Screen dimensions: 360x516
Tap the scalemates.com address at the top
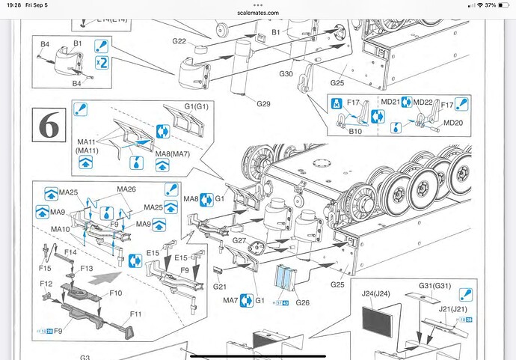coord(258,13)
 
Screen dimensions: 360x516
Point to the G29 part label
coord(263,103)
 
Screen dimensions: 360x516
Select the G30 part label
coord(286,73)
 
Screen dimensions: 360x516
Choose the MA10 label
coord(61,228)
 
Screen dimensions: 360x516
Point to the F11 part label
coord(135,314)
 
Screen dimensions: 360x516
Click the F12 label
coord(46,284)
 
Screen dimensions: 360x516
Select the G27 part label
coord(239,241)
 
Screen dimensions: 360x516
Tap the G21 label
coord(220,287)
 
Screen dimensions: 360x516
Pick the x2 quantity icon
coord(102,64)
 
